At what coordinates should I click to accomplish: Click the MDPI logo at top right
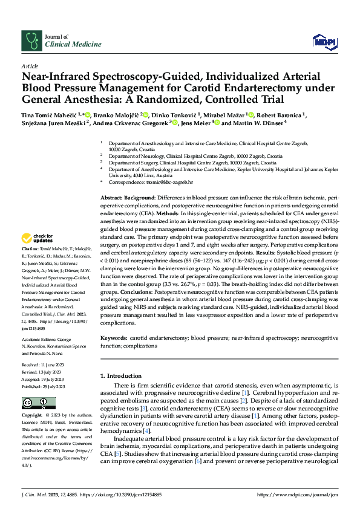pyautogui.click(x=324, y=41)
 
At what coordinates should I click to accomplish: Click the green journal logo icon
pyautogui.click(x=31, y=41)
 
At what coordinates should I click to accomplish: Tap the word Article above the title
pyautogui.click(x=30, y=65)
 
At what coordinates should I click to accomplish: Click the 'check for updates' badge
pyautogui.click(x=34, y=239)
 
